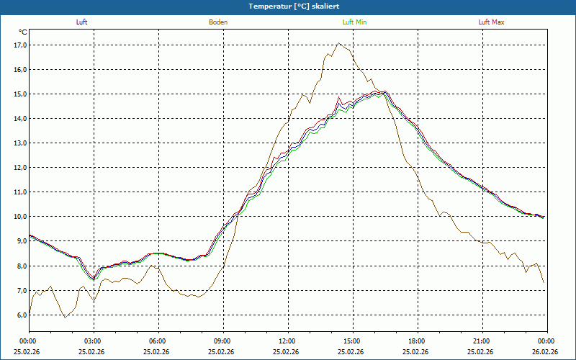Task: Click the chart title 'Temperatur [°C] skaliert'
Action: [288, 6]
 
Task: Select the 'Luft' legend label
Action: [82, 22]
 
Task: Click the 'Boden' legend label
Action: [218, 22]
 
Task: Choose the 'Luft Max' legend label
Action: [492, 22]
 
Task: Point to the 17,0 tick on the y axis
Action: [19, 45]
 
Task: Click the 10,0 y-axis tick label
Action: [19, 217]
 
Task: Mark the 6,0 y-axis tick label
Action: [19, 315]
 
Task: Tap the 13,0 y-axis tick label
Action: [19, 143]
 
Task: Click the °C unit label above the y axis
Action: [23, 32]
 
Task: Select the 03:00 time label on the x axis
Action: [93, 341]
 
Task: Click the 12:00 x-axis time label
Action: [287, 341]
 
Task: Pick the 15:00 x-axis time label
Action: [352, 341]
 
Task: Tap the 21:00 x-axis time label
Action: [482, 341]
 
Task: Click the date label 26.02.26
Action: [546, 351]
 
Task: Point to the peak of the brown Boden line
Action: [339, 43]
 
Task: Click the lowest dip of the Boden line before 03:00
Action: [65, 318]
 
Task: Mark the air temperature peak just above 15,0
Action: [384, 91]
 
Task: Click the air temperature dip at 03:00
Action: [93, 278]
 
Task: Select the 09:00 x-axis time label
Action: [222, 341]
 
